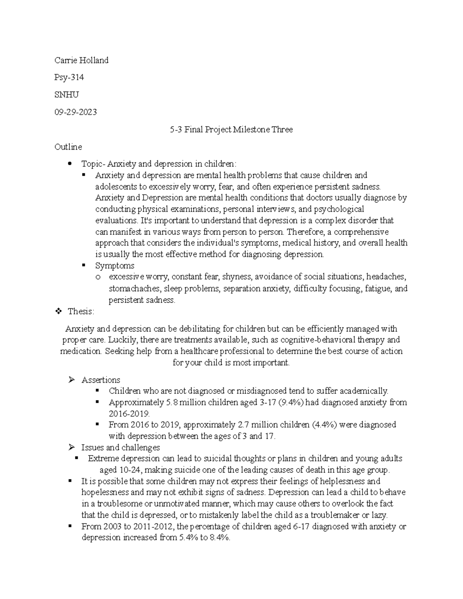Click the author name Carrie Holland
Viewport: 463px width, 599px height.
81,60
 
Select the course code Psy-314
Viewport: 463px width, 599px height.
69,78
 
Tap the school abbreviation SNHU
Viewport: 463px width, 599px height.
67,95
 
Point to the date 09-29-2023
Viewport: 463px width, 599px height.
76,112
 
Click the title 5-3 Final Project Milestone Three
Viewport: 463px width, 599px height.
231,130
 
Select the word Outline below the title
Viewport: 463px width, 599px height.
68,147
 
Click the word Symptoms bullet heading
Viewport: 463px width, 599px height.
115,266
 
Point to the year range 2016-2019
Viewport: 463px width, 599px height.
128,413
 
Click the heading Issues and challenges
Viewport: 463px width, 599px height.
120,447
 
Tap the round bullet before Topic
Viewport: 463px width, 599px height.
69,164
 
